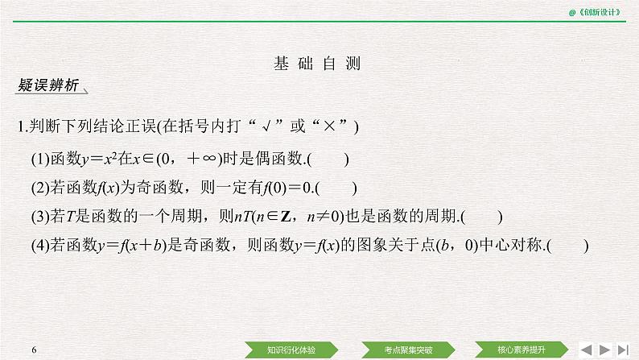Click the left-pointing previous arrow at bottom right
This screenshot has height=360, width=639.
[x=587, y=349]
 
